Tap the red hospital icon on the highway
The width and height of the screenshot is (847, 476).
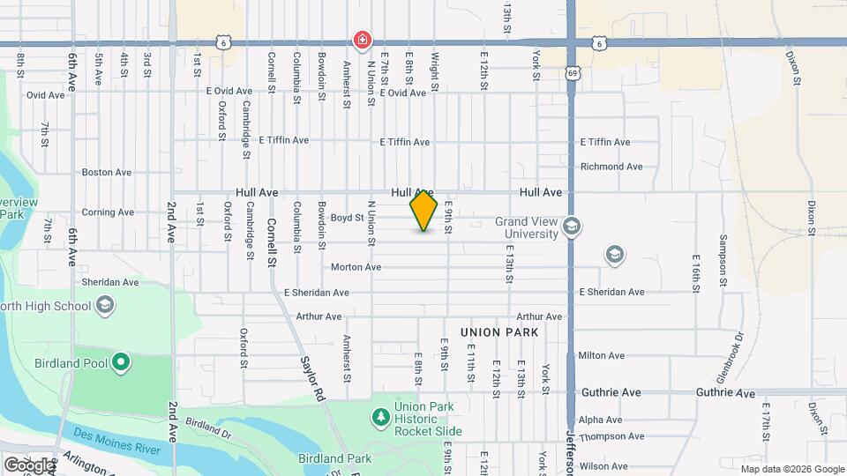pyautogui.click(x=362, y=40)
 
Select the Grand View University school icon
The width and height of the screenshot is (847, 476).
pyautogui.click(x=572, y=226)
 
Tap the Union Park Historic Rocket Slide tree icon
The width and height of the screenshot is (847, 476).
pyautogui.click(x=380, y=416)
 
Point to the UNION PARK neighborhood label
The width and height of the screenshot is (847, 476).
pyautogui.click(x=498, y=332)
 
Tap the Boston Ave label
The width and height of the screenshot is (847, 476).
pyautogui.click(x=107, y=173)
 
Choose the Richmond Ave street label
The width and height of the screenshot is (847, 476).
pyautogui.click(x=611, y=167)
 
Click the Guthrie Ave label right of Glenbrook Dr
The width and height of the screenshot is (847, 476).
pyautogui.click(x=725, y=392)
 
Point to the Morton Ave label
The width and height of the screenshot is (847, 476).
pyautogui.click(x=356, y=267)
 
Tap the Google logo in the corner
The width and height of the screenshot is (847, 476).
pyautogui.click(x=28, y=465)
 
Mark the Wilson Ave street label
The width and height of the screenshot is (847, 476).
pyautogui.click(x=603, y=466)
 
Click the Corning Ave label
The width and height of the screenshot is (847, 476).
pyautogui.click(x=108, y=212)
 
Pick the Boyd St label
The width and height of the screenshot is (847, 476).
pyautogui.click(x=348, y=218)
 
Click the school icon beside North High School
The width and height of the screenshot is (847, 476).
pyautogui.click(x=105, y=306)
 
